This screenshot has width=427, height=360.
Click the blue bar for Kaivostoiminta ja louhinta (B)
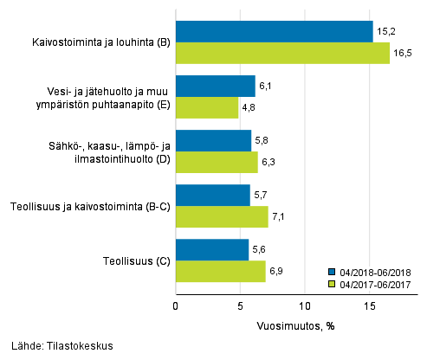[x=274, y=31]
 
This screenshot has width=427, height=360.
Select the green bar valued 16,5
[x=282, y=53]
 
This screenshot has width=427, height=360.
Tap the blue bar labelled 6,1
[x=215, y=86]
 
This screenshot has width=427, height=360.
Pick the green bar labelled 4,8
[x=207, y=107]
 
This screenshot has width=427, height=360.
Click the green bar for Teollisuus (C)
[x=220, y=271]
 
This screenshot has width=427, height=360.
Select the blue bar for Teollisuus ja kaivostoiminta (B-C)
[x=212, y=195]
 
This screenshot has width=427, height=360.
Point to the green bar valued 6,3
[x=217, y=162]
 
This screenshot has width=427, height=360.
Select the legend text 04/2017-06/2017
[x=374, y=283]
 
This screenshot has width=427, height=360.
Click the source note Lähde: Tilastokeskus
[x=57, y=346]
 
